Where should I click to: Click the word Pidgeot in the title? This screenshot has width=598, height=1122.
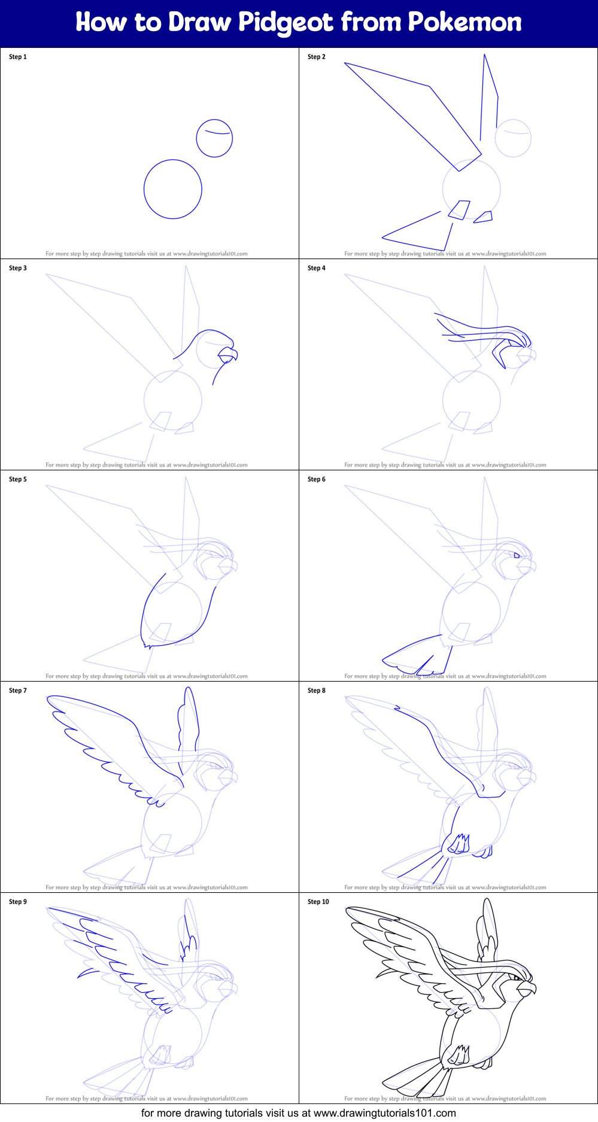(286, 23)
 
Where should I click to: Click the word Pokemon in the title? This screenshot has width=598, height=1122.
(465, 22)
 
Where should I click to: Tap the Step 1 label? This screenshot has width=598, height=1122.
(18, 57)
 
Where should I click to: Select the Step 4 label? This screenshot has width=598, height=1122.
(317, 268)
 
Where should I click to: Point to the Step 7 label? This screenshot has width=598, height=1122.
(18, 691)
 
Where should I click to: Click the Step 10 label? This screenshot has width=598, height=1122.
(318, 902)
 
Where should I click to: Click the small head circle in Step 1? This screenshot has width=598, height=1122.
(214, 139)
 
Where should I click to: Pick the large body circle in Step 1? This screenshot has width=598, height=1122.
(172, 189)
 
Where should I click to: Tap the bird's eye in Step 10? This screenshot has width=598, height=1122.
(517, 978)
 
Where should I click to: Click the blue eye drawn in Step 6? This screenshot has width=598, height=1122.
(517, 555)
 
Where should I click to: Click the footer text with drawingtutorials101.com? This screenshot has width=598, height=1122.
(298, 1113)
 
